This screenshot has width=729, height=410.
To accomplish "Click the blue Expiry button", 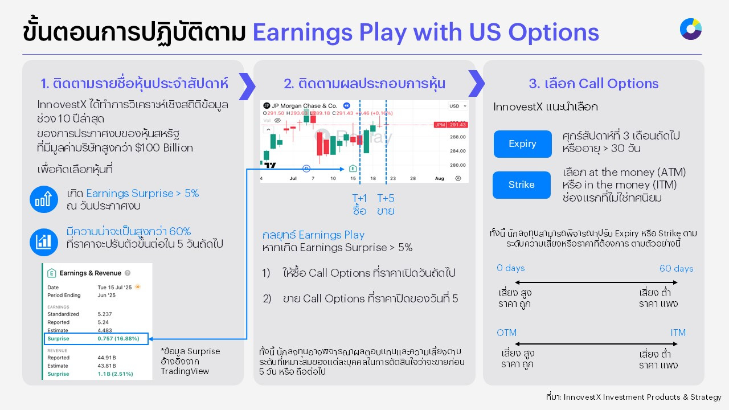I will coord(522,144).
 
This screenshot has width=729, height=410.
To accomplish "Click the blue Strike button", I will coord(521,185).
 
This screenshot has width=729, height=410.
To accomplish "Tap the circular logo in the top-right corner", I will coord(691,29).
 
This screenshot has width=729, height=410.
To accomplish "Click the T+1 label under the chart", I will coord(359,199).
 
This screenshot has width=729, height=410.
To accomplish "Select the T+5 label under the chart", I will coord(386,199).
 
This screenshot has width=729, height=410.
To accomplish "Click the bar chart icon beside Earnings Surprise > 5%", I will coord(44,200).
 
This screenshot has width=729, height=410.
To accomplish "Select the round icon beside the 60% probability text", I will coord(44,241).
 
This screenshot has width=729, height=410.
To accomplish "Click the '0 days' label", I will coord(510,268).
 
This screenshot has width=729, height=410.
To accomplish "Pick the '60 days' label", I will coord(676,269).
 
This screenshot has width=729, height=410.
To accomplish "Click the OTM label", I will coord(506,333).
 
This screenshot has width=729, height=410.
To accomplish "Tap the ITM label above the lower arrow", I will coord(678,333).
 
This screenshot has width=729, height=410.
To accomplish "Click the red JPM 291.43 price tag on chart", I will coord(450,124).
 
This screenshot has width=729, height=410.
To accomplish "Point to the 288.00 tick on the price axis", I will coord(458,137).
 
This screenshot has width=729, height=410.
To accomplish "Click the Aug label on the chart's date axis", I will coord(439,178).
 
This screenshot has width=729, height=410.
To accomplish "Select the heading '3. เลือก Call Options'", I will coord(593,84).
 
